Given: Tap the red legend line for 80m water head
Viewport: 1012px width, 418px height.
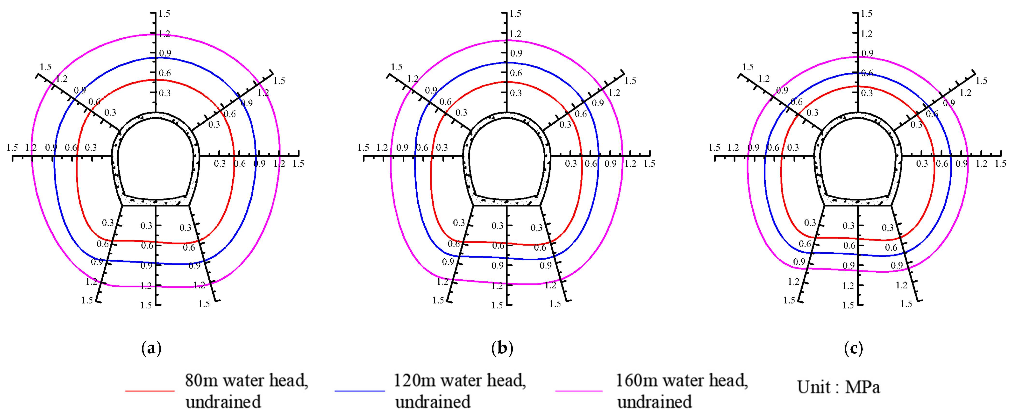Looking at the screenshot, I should pos(150,391).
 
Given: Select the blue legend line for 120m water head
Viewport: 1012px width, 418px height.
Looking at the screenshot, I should pos(359,391).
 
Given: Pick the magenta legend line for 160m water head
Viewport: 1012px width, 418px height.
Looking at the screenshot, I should pos(579,391).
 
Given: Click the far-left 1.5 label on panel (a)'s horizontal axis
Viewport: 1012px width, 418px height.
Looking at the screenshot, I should pos(12,148).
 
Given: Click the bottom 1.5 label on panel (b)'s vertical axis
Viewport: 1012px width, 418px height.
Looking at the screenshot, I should pos(497,305).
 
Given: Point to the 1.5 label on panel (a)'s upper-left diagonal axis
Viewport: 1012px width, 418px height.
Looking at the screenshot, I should pos(46,67).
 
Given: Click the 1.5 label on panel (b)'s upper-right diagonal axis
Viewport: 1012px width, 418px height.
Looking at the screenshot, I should pos(630,81).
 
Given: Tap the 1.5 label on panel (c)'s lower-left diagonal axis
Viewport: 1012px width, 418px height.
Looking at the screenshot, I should pos(789,301).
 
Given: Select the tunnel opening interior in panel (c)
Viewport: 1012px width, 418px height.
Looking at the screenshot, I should pos(858,157).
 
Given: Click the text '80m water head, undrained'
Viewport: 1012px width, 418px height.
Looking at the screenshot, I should pos(246,391).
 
